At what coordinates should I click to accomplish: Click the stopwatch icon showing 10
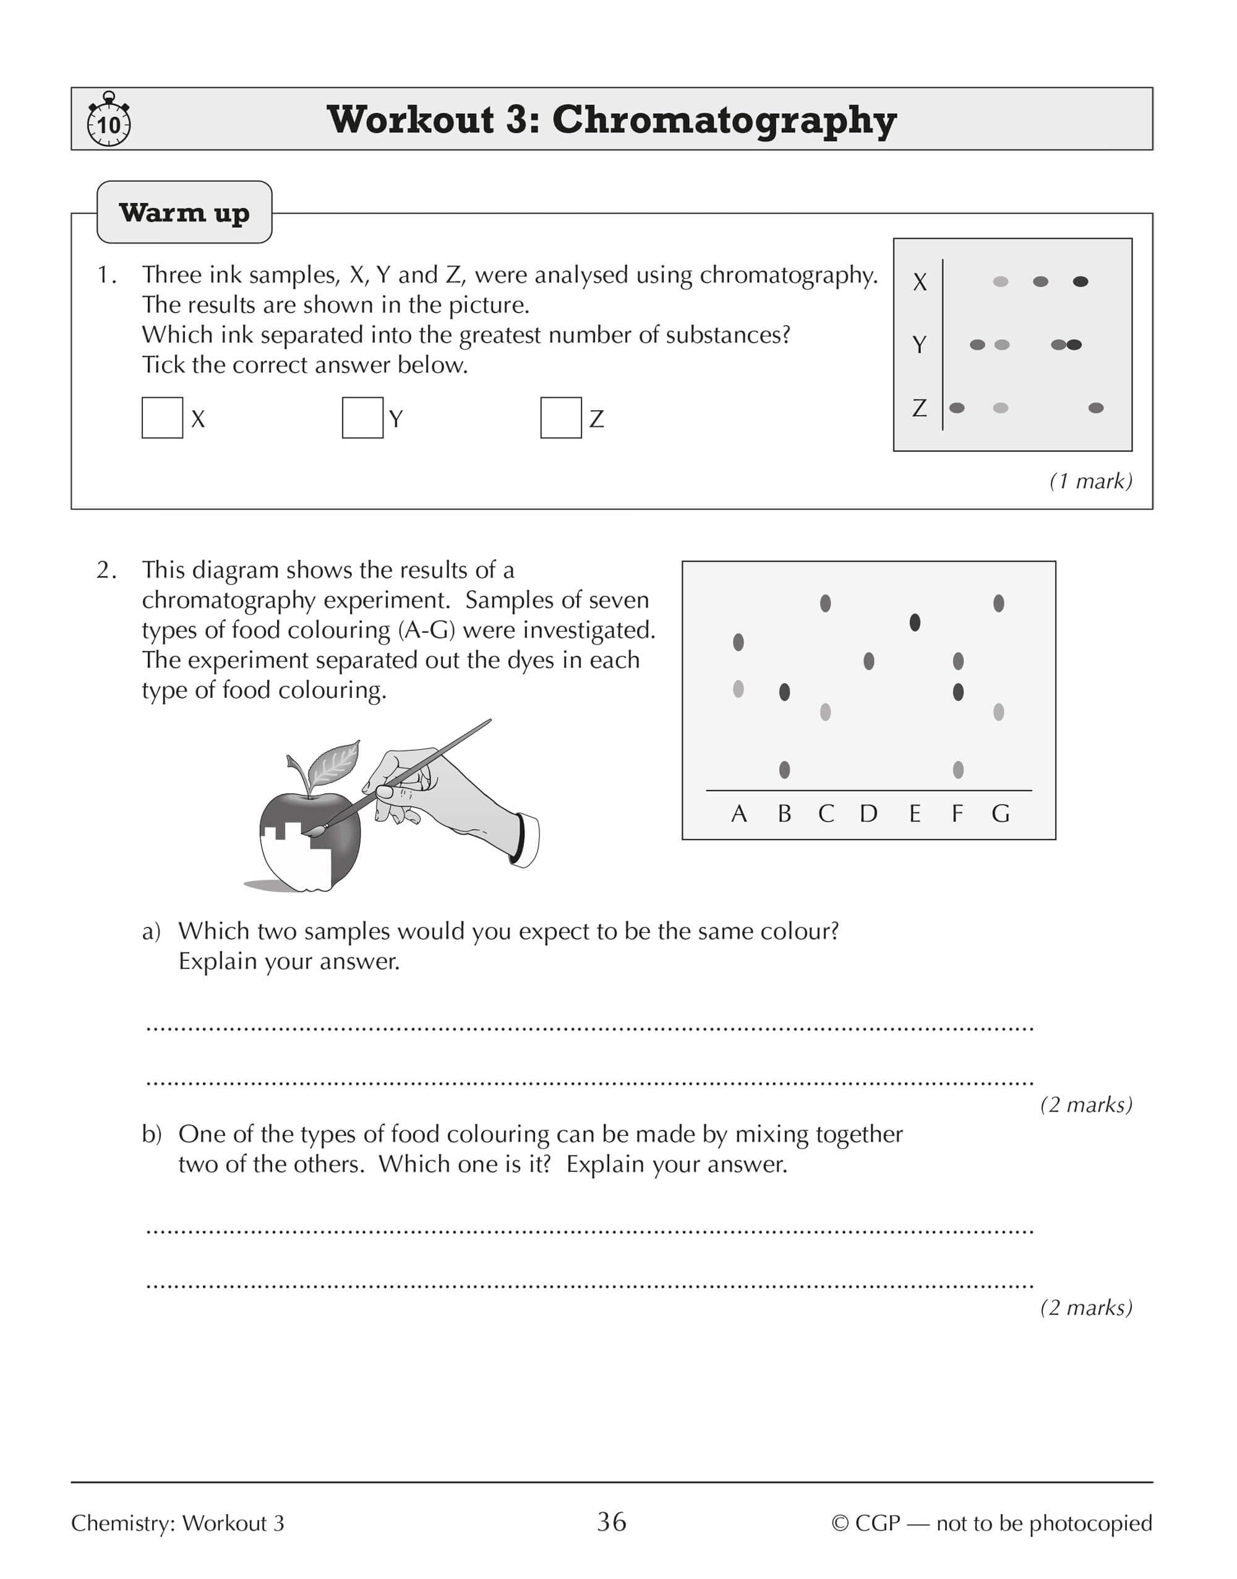click(x=109, y=120)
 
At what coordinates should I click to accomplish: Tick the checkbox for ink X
click(x=162, y=417)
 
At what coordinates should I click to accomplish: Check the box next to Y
click(x=362, y=417)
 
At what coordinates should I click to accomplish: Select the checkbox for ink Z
click(x=560, y=417)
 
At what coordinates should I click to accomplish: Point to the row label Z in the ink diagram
click(x=919, y=408)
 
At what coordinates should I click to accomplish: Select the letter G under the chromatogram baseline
click(x=1000, y=814)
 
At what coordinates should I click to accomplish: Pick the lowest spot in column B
click(x=784, y=769)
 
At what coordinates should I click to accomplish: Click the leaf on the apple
click(x=335, y=764)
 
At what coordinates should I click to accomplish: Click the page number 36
click(x=611, y=1522)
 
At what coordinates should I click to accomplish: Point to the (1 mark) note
click(x=1090, y=481)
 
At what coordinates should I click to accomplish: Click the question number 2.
click(x=105, y=570)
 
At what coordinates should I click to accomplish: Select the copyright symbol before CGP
click(x=839, y=1523)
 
